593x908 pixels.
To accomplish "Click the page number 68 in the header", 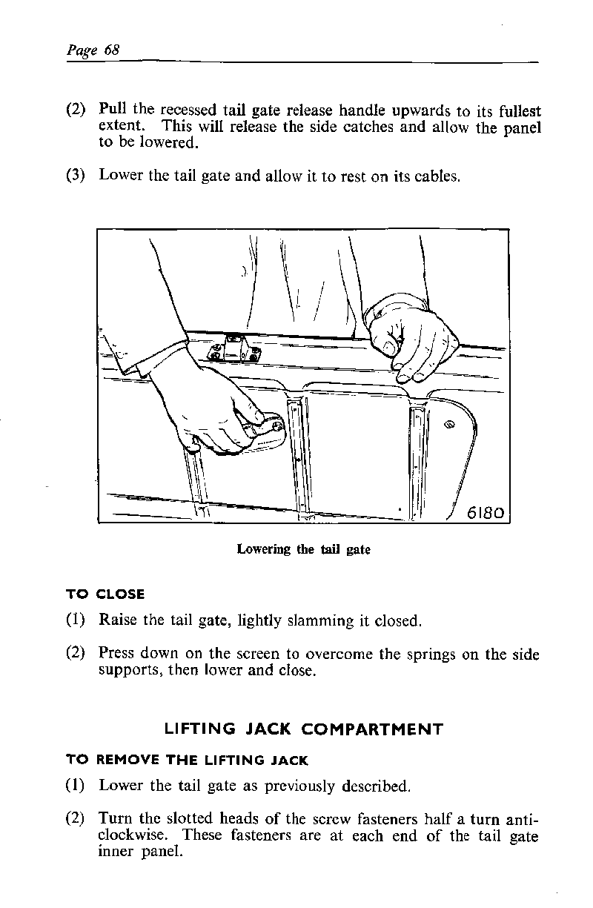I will (112, 50).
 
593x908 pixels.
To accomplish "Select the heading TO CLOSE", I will (105, 594).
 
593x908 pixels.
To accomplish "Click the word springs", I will (410, 655).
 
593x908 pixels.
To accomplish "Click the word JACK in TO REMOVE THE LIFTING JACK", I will (289, 760).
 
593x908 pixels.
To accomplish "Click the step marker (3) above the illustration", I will (77, 176).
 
